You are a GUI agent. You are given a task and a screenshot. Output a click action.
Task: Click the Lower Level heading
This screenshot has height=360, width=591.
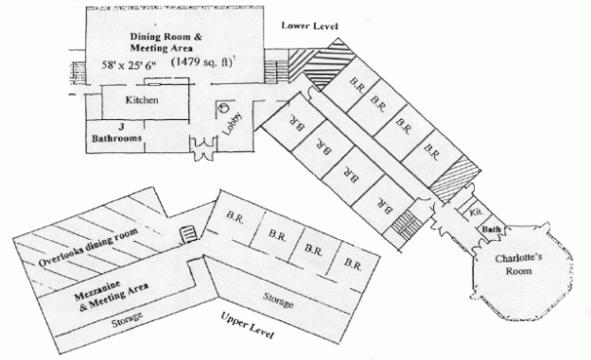[309, 25]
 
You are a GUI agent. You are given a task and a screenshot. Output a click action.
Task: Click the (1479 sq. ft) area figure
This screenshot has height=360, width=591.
[201, 61]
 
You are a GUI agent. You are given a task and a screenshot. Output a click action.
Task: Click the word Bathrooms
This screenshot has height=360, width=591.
[116, 138]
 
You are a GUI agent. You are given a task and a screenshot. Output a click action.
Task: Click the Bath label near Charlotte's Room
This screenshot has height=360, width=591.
[491, 230]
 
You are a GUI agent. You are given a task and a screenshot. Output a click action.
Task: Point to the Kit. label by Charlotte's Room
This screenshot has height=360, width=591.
[476, 214]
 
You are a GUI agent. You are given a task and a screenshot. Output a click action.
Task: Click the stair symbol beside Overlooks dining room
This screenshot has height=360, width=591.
[187, 231]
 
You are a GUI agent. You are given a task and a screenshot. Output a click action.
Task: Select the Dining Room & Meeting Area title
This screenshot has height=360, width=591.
[166, 43]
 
